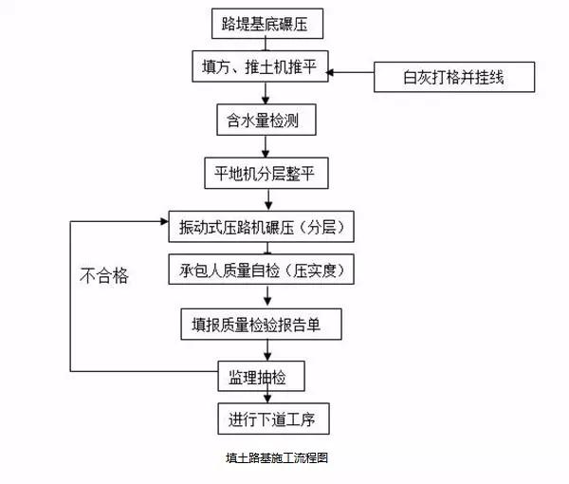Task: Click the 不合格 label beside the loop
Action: coord(103,276)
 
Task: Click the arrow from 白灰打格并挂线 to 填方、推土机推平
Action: coord(351,71)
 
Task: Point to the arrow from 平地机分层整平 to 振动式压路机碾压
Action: coord(271,199)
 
